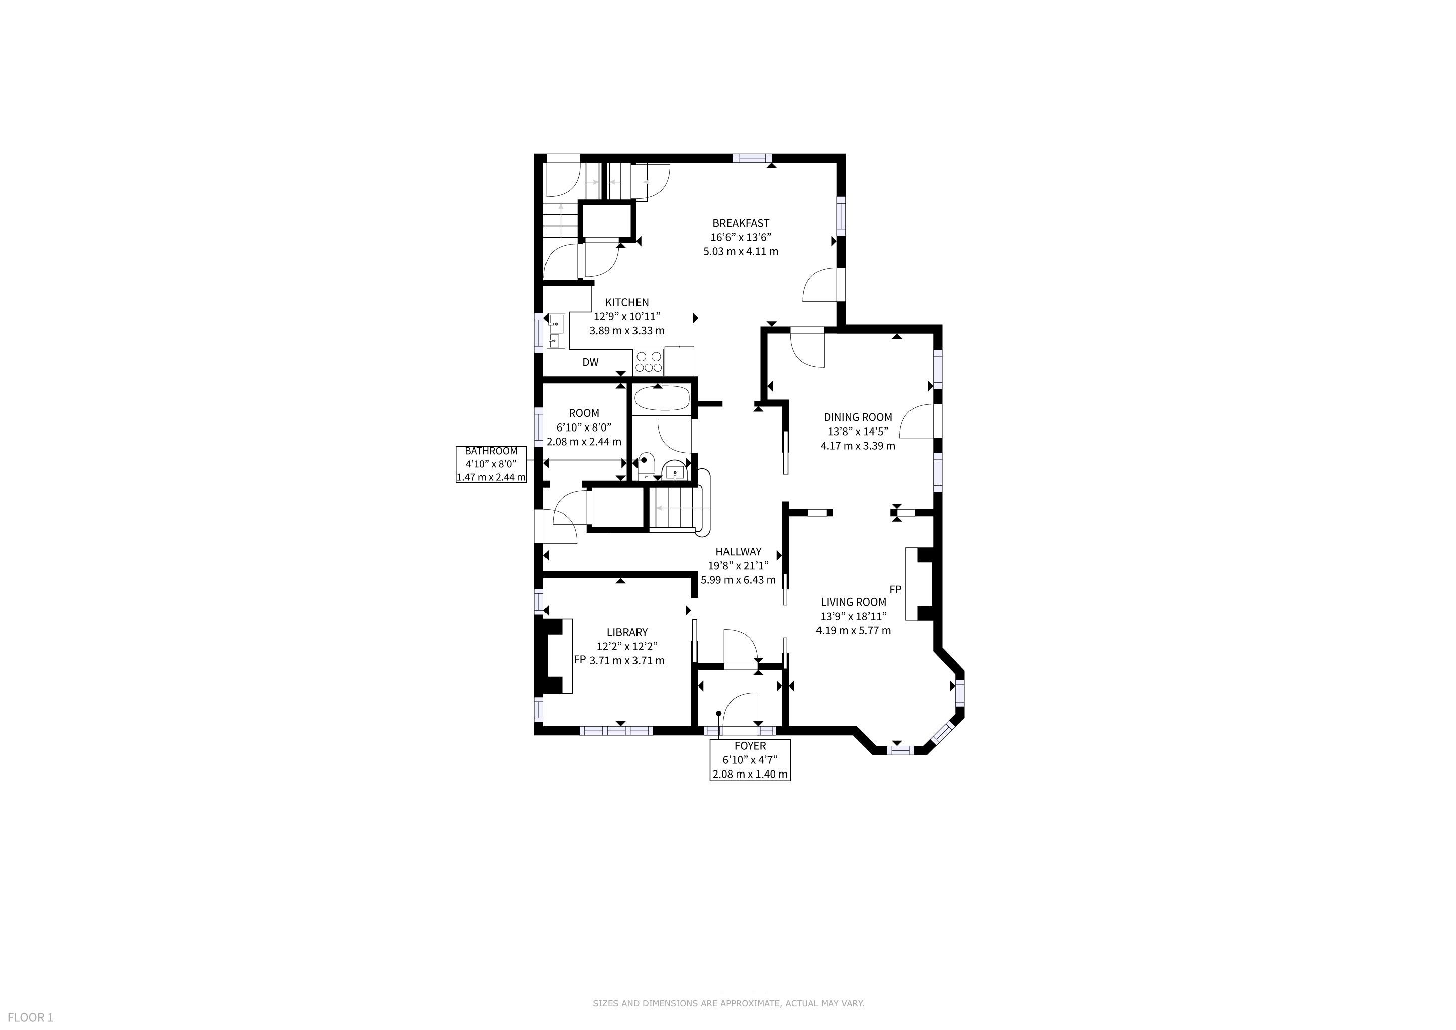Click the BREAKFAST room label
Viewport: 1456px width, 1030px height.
click(741, 223)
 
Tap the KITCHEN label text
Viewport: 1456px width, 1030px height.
click(626, 303)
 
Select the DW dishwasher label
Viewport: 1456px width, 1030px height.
click(590, 362)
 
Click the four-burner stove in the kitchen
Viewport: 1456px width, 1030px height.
click(649, 362)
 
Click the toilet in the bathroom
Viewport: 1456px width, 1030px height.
click(646, 466)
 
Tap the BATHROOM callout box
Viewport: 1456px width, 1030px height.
click(491, 464)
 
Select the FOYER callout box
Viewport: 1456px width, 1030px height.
click(750, 760)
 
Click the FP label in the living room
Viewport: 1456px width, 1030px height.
click(895, 590)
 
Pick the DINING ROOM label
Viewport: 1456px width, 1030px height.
click(858, 417)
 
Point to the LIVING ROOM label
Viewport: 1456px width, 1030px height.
click(854, 602)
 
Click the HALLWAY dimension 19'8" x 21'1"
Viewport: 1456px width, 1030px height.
click(738, 566)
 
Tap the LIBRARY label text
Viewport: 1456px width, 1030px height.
click(627, 632)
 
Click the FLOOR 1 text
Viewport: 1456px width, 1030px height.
click(31, 1018)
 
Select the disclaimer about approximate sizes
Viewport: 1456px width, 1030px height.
click(729, 1003)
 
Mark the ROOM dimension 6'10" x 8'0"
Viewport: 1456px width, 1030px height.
click(584, 427)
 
